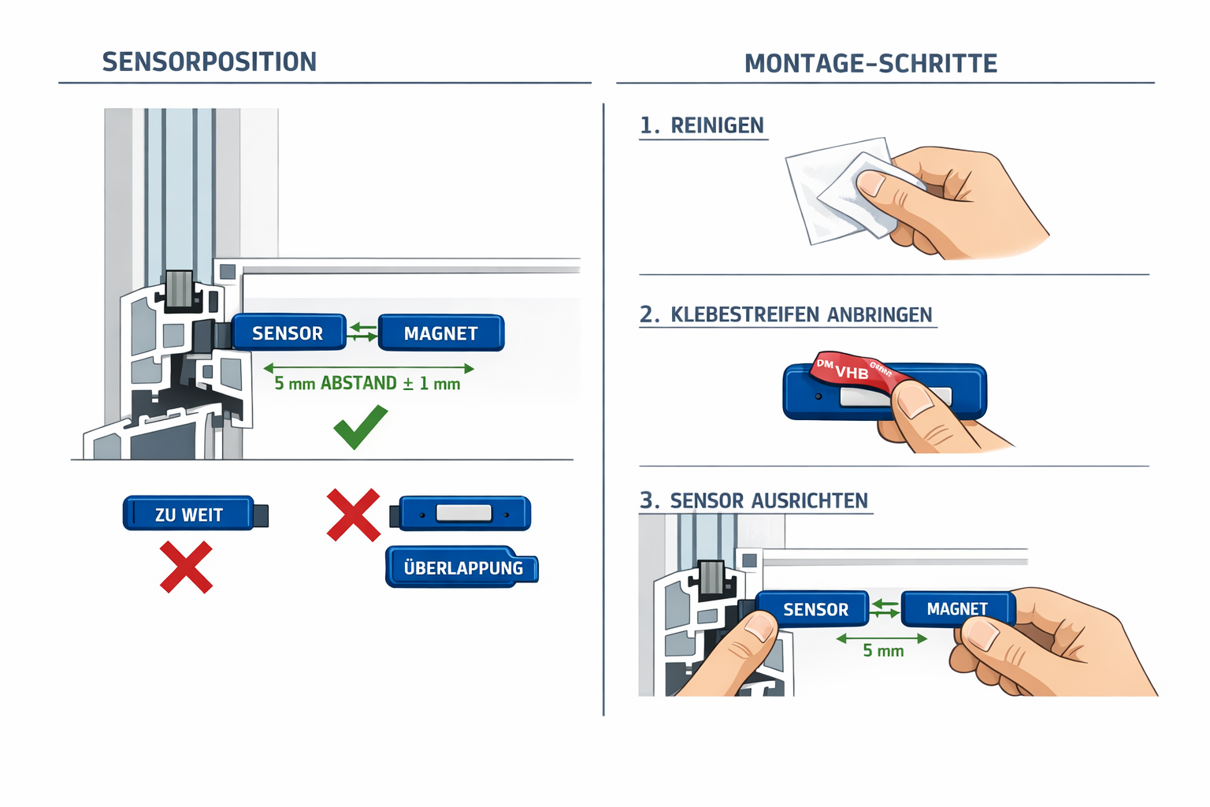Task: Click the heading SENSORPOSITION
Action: click(x=210, y=61)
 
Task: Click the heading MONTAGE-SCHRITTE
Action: click(x=870, y=63)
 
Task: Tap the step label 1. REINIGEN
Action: click(x=702, y=125)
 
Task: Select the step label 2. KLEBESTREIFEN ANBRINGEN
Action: click(x=786, y=314)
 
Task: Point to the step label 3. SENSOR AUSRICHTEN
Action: click(x=754, y=500)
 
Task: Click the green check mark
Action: click(x=361, y=426)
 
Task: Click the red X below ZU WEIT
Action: click(x=186, y=567)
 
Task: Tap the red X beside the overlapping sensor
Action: click(x=353, y=515)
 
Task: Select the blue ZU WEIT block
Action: click(x=189, y=514)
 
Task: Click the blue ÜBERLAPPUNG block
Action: click(x=462, y=567)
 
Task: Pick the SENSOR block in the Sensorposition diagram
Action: click(x=288, y=333)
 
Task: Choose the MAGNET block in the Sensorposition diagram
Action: click(x=440, y=333)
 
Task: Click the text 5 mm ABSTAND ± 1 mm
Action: click(x=367, y=384)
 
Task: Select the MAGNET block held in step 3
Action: click(x=956, y=608)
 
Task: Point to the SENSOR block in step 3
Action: click(x=815, y=609)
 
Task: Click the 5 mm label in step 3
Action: click(x=883, y=651)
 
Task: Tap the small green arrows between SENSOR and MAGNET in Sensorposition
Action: click(x=362, y=332)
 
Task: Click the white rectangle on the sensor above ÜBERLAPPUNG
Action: click(x=464, y=513)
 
